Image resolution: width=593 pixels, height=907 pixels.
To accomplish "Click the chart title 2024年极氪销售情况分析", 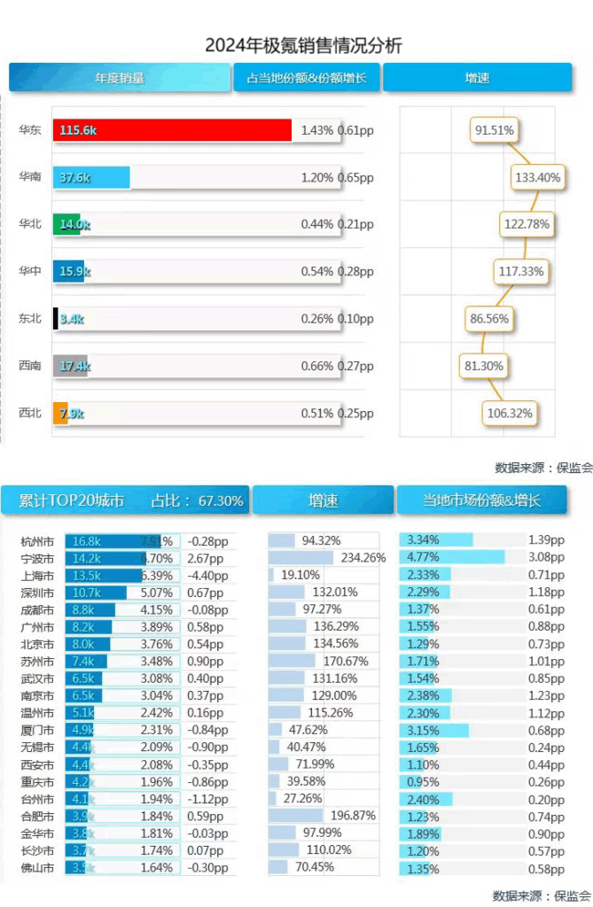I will click(x=303, y=45).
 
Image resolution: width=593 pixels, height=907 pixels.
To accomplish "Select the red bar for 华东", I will click(x=172, y=130).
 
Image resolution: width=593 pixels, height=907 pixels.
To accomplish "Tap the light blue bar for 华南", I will click(x=91, y=177).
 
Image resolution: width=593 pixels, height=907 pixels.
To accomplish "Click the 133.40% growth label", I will click(x=537, y=177).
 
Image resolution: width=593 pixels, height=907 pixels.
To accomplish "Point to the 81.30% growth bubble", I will click(x=482, y=366).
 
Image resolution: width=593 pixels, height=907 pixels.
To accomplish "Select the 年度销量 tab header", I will click(x=120, y=78).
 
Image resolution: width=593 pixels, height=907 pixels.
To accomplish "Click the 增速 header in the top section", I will click(x=477, y=78).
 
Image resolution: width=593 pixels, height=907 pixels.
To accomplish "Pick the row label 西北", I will click(x=30, y=413).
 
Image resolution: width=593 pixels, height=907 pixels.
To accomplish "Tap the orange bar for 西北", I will click(x=60, y=413).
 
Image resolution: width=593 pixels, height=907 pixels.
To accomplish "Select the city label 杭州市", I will click(x=37, y=541).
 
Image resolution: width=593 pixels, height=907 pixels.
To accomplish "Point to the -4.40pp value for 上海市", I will click(x=207, y=575).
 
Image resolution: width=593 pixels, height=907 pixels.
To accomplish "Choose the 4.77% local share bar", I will click(x=452, y=558).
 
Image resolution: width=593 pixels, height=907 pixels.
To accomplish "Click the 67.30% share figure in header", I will click(x=221, y=500).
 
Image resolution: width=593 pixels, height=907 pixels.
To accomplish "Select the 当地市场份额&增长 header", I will click(x=482, y=500).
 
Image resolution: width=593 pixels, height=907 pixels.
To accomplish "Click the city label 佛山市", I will click(x=37, y=867).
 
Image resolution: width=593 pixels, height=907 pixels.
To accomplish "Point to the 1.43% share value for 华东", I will click(x=317, y=130).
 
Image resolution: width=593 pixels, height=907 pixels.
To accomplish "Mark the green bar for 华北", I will click(x=66, y=224).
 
